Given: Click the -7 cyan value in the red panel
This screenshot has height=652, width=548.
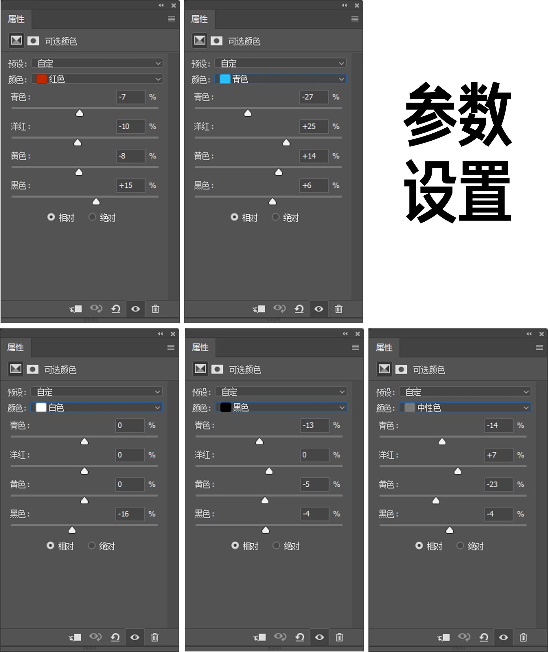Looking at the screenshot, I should (x=130, y=97).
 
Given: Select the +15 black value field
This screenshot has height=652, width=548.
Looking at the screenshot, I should (x=130, y=185).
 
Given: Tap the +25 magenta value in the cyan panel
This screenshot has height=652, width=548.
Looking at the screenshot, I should (x=314, y=126).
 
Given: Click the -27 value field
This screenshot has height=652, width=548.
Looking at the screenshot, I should (x=314, y=97).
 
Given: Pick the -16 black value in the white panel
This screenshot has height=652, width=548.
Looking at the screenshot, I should (x=129, y=514).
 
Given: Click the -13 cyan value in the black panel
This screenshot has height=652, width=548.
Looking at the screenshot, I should (x=314, y=425).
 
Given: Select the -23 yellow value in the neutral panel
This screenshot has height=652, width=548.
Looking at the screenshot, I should (x=498, y=484).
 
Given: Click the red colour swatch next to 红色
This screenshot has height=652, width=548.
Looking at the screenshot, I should (x=41, y=79).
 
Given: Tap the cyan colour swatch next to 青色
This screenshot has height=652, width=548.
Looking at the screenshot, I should (x=225, y=79).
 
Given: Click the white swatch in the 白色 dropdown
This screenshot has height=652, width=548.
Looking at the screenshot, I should (x=41, y=407).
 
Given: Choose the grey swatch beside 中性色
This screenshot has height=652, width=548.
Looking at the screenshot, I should (x=410, y=407).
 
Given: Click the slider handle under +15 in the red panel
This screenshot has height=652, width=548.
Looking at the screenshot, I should (x=96, y=202).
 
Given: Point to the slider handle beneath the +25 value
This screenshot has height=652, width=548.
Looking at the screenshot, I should (x=286, y=143).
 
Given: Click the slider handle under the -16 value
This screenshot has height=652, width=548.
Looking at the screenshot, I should (x=72, y=530).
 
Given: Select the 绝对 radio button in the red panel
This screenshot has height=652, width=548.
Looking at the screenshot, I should (x=92, y=217).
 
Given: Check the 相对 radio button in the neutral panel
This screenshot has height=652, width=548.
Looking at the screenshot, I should (x=419, y=546).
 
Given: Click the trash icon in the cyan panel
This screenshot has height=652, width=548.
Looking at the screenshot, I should (x=339, y=309).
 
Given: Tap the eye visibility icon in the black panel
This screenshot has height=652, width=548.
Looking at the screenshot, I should (x=319, y=637).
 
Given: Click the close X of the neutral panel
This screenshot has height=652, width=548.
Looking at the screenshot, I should (x=541, y=334).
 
